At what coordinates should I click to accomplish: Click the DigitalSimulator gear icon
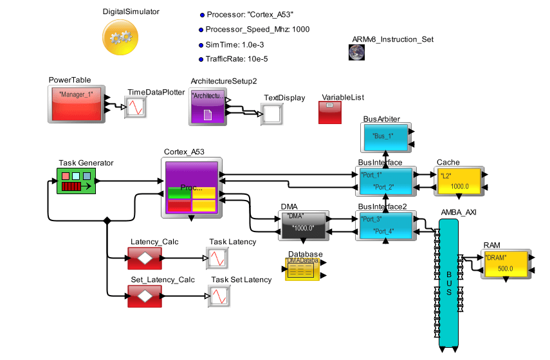pos(120,37)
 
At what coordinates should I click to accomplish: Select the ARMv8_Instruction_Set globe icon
pos(357,53)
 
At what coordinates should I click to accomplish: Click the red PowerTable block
pos(77,104)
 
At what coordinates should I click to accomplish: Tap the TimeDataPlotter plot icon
pos(135,107)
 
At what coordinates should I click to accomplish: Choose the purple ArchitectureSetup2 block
pos(208,105)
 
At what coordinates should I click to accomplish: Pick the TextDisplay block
pos(273,114)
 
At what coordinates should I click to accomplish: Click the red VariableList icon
pos(329,113)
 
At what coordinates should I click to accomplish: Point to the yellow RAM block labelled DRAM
pos(505,263)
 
